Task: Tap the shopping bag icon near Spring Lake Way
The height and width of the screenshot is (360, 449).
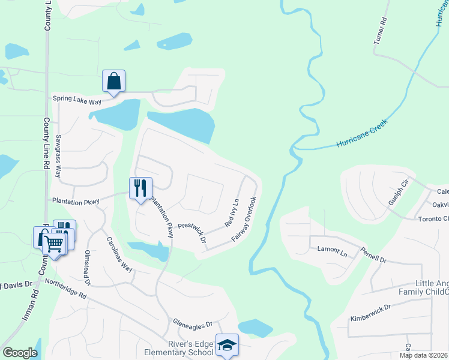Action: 113,80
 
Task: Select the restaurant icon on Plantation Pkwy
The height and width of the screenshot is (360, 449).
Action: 140,188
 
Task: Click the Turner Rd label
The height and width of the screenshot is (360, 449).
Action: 379,31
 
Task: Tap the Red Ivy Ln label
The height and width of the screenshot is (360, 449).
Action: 232,213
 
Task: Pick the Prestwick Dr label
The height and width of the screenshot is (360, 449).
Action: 192,233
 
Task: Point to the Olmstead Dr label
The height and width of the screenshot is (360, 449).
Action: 88,267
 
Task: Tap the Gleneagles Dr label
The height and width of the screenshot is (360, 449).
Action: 193,323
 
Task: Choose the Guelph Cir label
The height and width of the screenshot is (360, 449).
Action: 398,191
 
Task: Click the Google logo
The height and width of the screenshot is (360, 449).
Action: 20,353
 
